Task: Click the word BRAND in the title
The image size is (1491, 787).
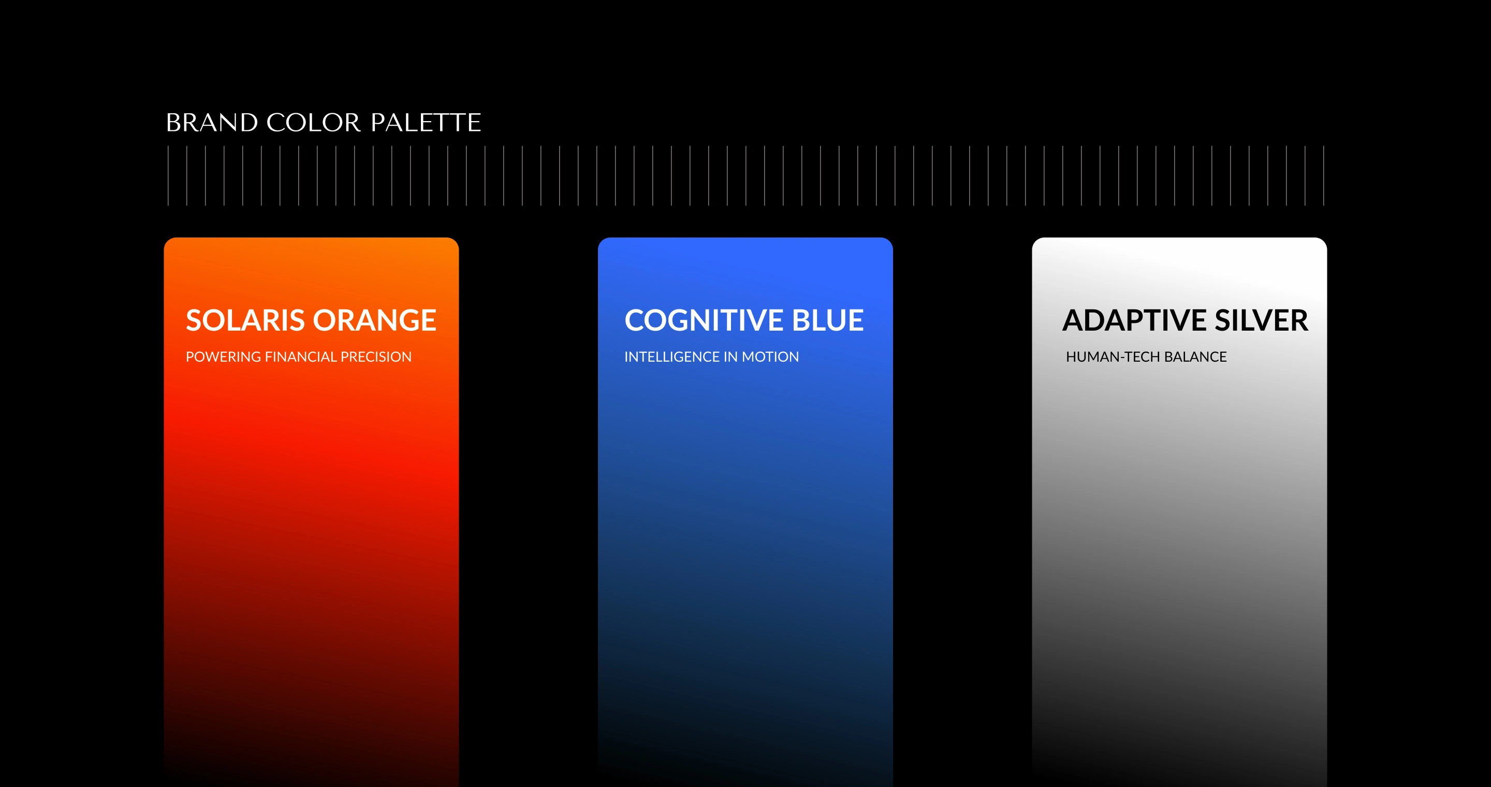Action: click(212, 123)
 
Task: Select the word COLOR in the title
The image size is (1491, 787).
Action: click(314, 123)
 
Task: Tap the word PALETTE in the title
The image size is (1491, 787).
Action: click(426, 123)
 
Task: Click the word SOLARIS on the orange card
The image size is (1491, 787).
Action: click(245, 321)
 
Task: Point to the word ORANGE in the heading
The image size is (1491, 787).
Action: click(374, 321)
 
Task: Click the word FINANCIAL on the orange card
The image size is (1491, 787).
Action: click(300, 357)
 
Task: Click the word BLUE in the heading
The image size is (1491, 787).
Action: click(828, 321)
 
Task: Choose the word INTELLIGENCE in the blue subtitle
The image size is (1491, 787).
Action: click(672, 357)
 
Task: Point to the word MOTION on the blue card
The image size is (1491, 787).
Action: click(770, 357)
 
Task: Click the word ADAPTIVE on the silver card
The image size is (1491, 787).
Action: click(1134, 321)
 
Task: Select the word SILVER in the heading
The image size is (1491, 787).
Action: click(1261, 321)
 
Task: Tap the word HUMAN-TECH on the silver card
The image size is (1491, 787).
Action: click(1113, 357)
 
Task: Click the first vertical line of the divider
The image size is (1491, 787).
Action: click(168, 176)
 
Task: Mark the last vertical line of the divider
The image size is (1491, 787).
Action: click(1324, 176)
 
